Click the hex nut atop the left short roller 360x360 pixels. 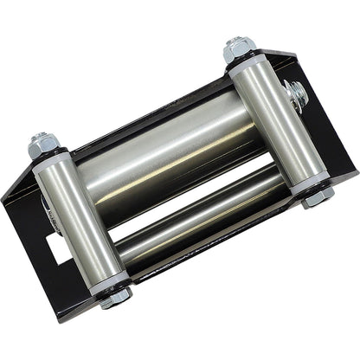(40, 146)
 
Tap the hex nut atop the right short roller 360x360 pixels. (238, 50)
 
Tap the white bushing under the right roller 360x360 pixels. (310, 183)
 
